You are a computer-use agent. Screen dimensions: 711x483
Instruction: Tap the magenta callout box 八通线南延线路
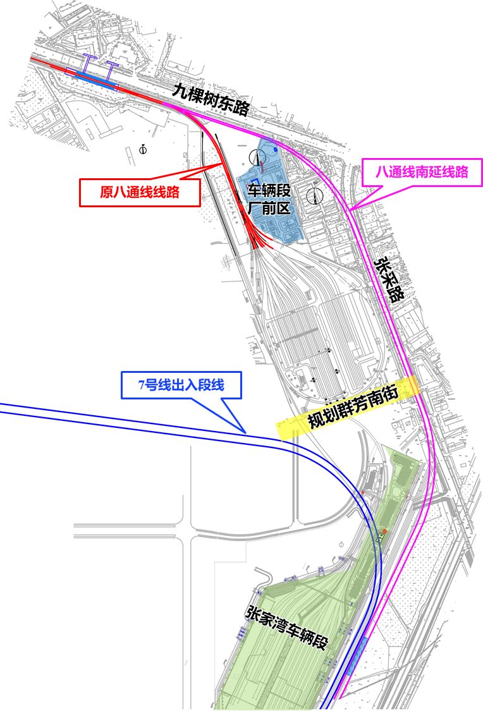point(421,171)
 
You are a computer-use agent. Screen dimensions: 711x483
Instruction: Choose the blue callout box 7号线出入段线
point(181,385)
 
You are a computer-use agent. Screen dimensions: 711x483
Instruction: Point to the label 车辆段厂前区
point(269,197)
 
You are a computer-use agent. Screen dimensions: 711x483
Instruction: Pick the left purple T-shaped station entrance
point(90,63)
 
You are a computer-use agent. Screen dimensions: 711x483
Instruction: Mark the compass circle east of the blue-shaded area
point(314,196)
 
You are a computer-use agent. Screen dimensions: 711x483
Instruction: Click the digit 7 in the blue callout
point(142,385)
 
